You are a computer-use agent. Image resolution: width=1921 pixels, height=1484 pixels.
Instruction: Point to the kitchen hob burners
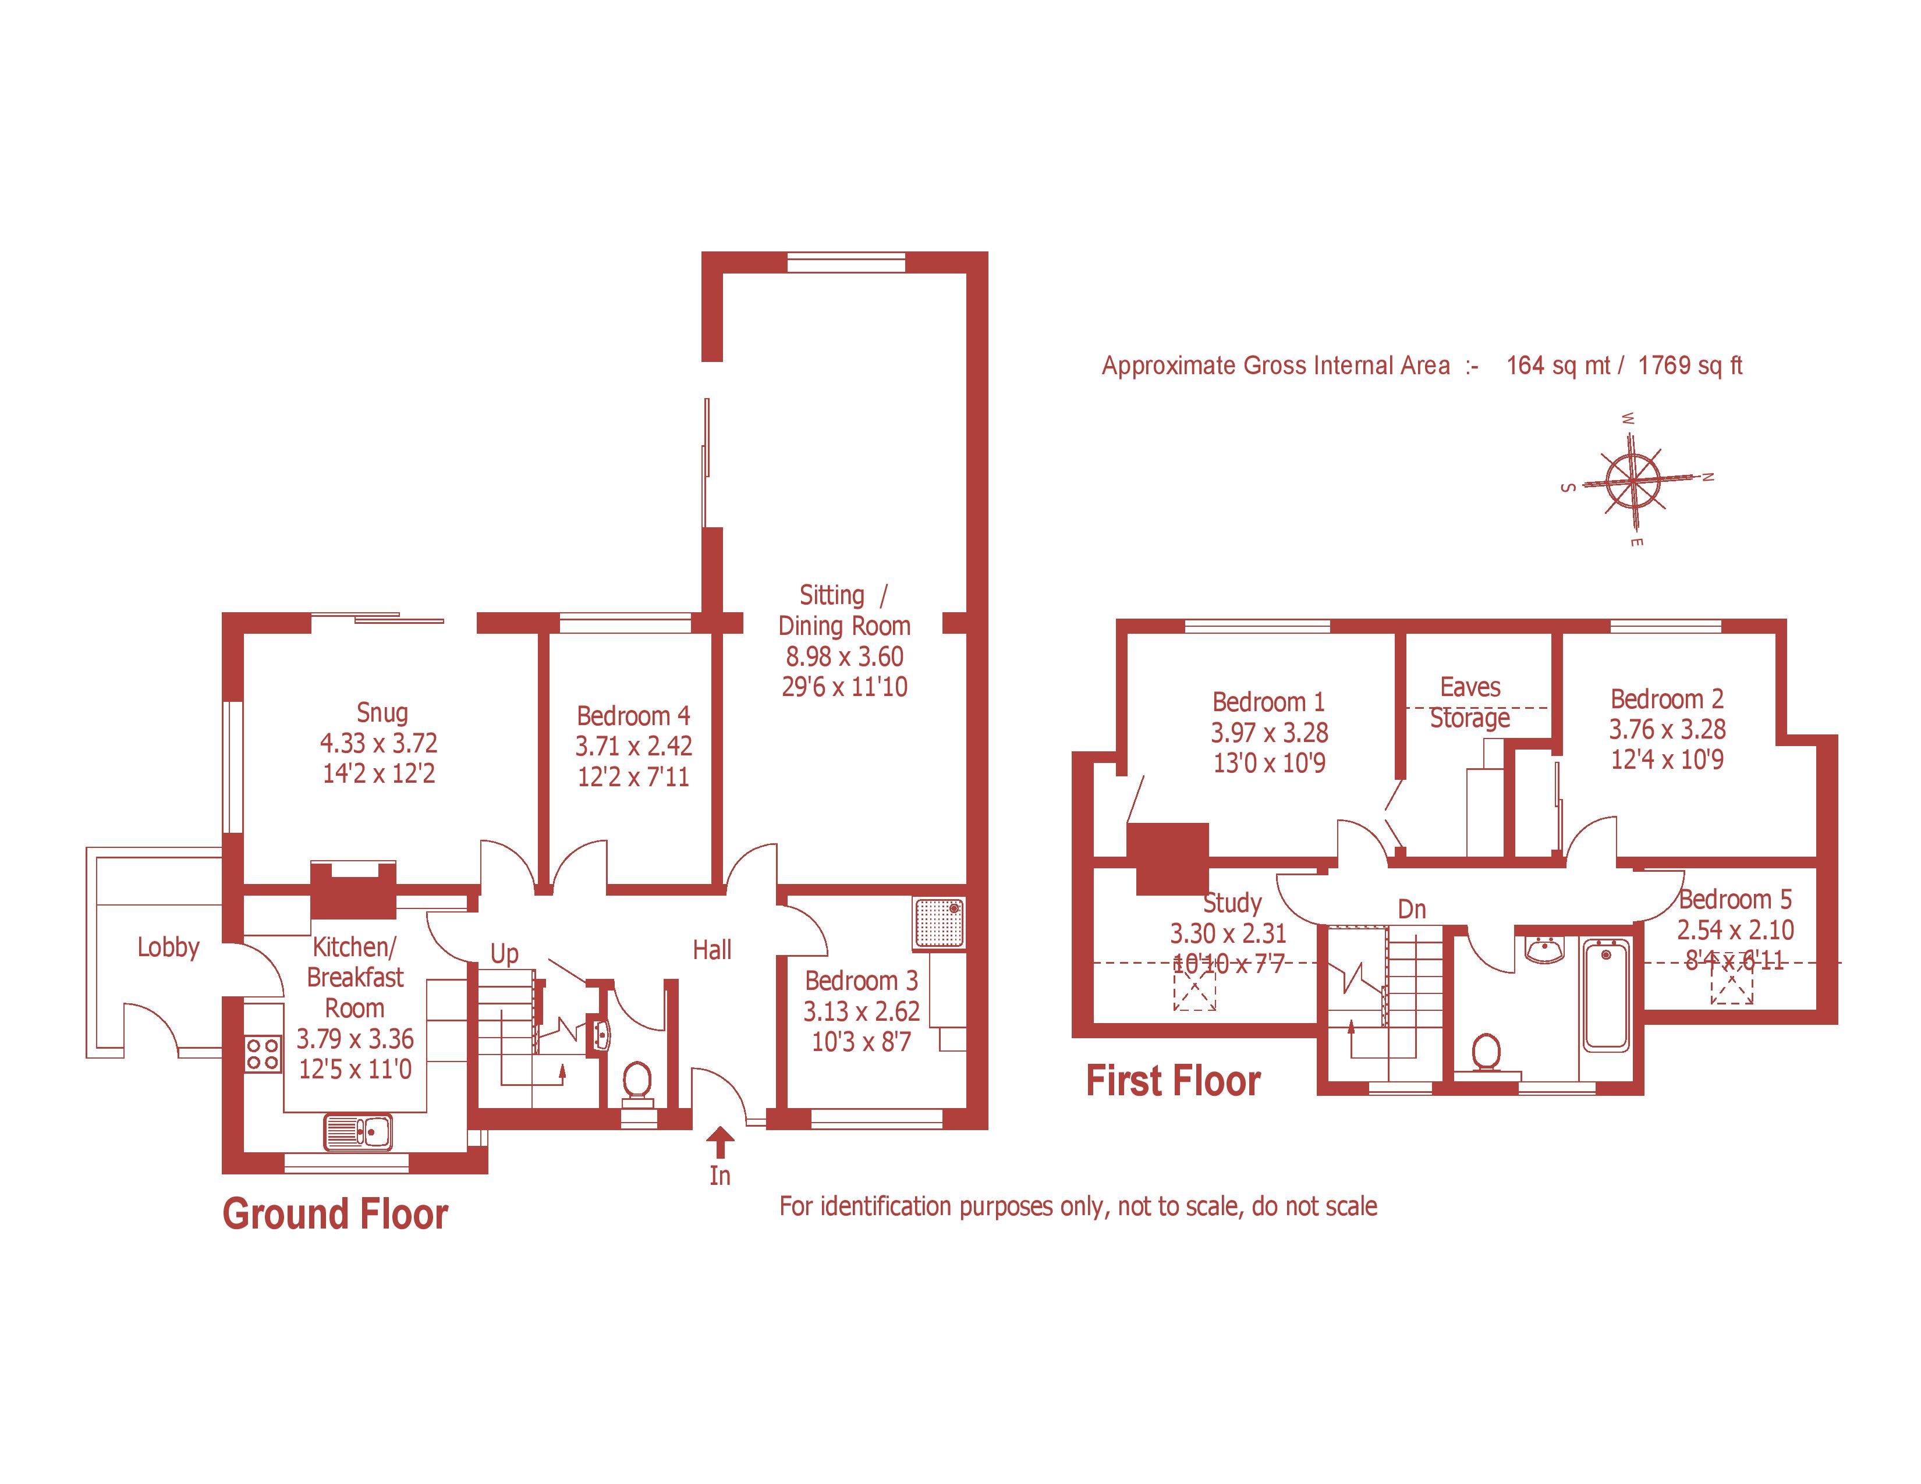point(263,1053)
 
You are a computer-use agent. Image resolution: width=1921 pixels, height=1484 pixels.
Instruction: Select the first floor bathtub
point(1606,995)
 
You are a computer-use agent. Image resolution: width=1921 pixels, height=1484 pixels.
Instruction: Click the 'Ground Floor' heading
point(335,1214)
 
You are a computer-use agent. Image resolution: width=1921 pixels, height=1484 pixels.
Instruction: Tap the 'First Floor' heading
point(1174,1081)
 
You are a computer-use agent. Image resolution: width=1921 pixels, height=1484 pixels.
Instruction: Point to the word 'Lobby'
point(168,947)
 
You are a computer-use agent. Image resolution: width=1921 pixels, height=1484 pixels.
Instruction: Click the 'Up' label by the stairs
point(504,954)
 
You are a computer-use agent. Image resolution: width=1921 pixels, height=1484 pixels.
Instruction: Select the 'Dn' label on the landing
point(1412,909)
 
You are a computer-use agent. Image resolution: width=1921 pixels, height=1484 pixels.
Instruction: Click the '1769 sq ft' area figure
point(1690,365)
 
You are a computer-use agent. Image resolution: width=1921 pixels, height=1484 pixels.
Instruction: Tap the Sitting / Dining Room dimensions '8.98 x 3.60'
point(845,656)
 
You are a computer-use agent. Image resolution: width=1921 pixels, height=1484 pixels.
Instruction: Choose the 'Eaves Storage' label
point(1470,702)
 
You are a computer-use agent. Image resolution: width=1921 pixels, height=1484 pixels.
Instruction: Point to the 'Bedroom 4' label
point(633,716)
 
